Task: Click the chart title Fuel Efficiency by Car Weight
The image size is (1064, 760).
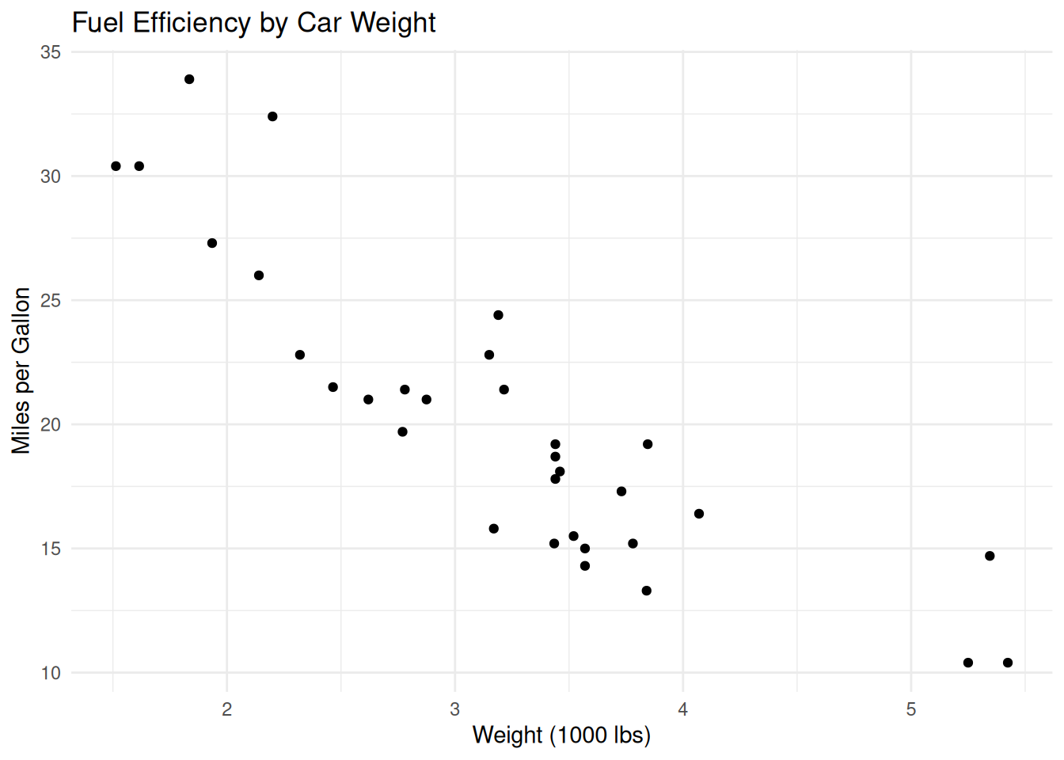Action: pyautogui.click(x=253, y=23)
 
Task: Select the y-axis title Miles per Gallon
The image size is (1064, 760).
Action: pyautogui.click(x=21, y=370)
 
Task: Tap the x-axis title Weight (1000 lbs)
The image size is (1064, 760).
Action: pyautogui.click(x=561, y=735)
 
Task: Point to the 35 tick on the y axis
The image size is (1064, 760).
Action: pyautogui.click(x=51, y=52)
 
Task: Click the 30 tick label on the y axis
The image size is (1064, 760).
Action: pyautogui.click(x=51, y=177)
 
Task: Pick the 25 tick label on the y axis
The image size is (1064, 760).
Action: pyautogui.click(x=51, y=301)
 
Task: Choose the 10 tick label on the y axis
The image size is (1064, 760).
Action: pyautogui.click(x=51, y=673)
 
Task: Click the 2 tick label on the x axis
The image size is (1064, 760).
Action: pyautogui.click(x=227, y=709)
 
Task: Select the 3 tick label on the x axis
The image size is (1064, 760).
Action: pyautogui.click(x=455, y=709)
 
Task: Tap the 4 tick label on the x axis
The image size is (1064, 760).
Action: pyautogui.click(x=683, y=709)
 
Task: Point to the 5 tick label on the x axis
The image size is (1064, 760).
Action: pyautogui.click(x=911, y=709)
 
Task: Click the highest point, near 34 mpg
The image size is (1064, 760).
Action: pyautogui.click(x=189, y=79)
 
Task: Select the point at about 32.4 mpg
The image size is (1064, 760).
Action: pyautogui.click(x=272, y=116)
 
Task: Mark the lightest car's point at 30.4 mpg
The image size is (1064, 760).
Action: pyautogui.click(x=116, y=166)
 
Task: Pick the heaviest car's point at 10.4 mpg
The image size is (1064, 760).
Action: pyautogui.click(x=1008, y=663)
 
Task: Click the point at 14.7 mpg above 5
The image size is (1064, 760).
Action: pyautogui.click(x=990, y=556)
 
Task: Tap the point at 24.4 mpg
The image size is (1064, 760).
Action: pyautogui.click(x=498, y=315)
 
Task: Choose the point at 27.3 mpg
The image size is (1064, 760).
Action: pyautogui.click(x=212, y=243)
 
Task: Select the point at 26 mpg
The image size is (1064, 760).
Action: pyautogui.click(x=259, y=275)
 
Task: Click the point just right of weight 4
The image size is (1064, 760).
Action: pyautogui.click(x=699, y=514)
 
